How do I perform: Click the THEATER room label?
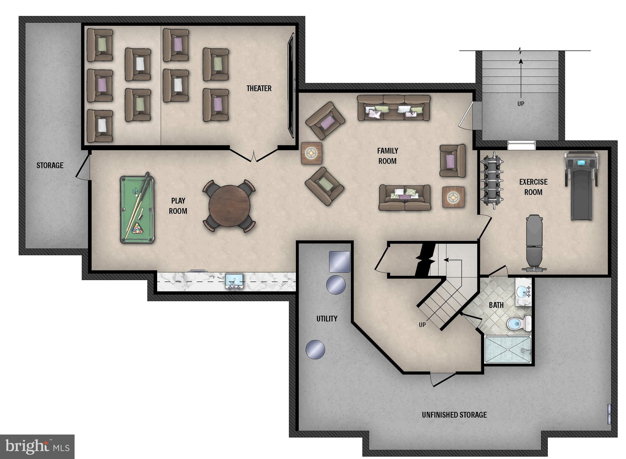tap(259, 88)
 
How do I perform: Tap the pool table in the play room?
tap(137, 210)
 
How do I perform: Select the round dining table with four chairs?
tap(229, 206)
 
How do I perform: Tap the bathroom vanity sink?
tap(524, 292)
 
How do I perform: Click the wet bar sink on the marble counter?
tap(234, 281)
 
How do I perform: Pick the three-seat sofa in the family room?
tap(394, 108)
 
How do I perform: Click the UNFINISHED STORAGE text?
tap(454, 415)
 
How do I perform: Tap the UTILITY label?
tap(327, 319)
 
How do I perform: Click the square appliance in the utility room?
tap(340, 262)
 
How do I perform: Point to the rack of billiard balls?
tap(138, 228)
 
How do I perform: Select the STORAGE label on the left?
tap(50, 165)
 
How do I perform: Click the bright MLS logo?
tap(37, 446)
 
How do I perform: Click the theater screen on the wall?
tap(291, 86)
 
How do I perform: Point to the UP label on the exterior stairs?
tap(521, 104)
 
